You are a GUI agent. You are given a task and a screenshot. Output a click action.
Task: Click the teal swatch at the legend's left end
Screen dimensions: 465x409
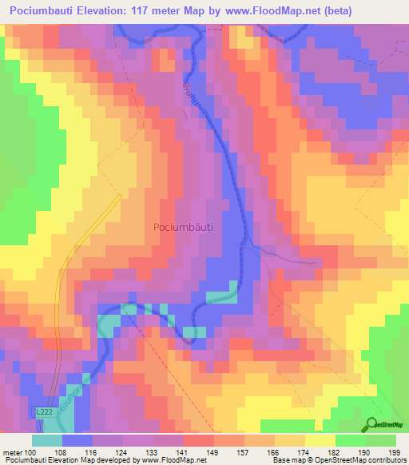point(47,440)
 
